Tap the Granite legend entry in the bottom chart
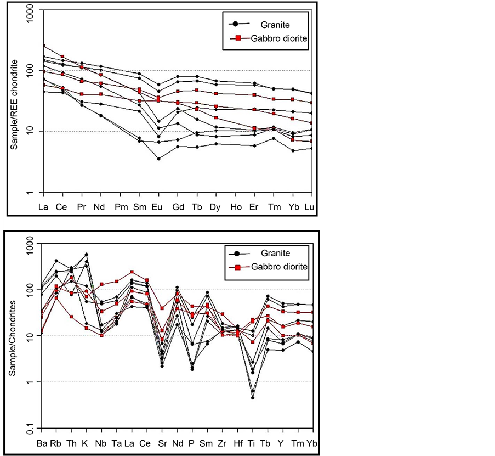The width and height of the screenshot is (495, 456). (x=275, y=253)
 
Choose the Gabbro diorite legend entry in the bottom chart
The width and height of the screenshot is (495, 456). (x=279, y=267)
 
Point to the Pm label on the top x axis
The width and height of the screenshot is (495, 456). (x=121, y=207)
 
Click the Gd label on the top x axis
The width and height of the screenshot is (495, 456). (x=178, y=207)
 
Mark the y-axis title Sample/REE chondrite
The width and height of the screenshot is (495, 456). (x=15, y=105)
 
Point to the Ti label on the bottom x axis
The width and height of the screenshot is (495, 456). (x=252, y=443)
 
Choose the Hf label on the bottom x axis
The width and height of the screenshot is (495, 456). (x=237, y=443)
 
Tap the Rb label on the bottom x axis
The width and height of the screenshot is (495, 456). (x=56, y=443)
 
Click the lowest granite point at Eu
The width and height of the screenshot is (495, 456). (x=158, y=159)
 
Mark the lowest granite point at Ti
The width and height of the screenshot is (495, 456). (x=253, y=397)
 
